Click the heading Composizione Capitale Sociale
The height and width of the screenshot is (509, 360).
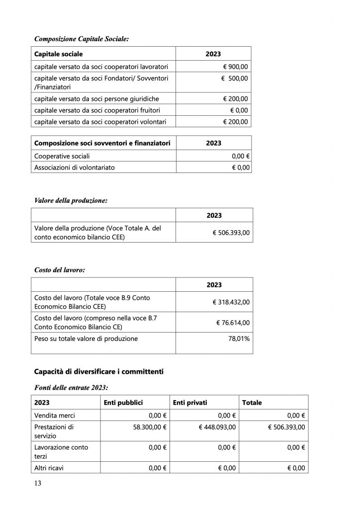coord(81,38)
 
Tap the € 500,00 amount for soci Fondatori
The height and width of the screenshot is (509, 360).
coord(235,79)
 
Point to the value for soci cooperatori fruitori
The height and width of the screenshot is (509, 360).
coord(239,110)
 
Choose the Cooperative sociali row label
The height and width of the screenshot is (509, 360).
coord(62,156)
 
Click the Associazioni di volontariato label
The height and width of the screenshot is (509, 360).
coord(74,168)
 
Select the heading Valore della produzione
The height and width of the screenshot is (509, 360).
coord(71,201)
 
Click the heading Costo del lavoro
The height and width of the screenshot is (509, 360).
coord(59,270)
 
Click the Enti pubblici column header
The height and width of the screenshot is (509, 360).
coord(123,402)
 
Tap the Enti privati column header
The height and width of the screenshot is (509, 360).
coord(190,402)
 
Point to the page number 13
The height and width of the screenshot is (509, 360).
coord(38,484)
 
